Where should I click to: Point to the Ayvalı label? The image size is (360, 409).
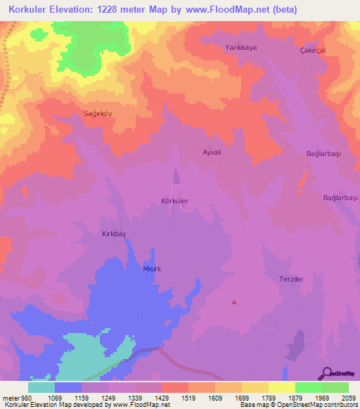coord(212,152)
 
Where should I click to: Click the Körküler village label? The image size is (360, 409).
coord(175,201)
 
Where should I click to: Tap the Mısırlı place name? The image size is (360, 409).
coord(153,269)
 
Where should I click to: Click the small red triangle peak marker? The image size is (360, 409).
coord(234,302)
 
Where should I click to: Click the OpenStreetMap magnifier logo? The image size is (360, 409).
coord(326,372)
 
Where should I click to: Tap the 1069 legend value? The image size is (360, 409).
coord(54,398)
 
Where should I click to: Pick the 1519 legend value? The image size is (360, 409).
coord(188,398)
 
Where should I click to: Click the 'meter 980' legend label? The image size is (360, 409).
coord(17,398)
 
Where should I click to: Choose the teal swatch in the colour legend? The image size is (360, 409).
coord(41,387)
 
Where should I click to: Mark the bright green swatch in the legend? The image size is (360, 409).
coord(308,387)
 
